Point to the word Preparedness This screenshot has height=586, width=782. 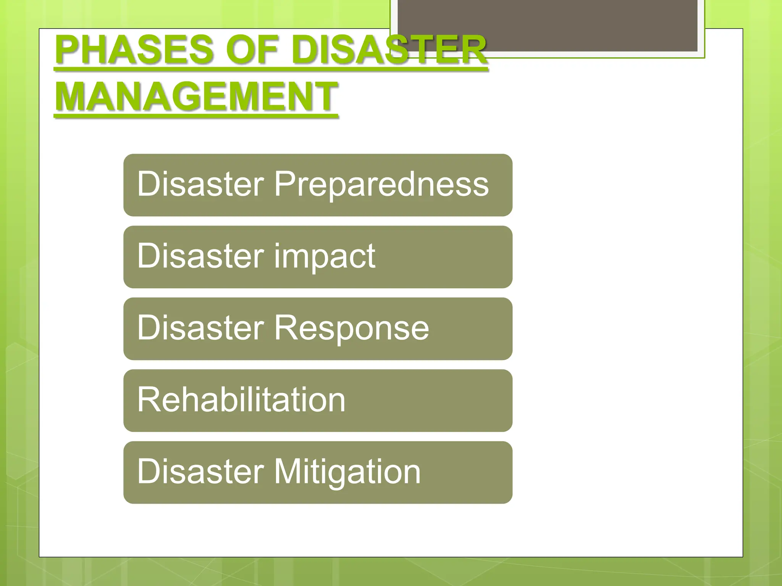[381, 184]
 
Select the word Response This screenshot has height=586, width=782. [352, 328]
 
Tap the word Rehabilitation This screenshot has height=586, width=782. [241, 399]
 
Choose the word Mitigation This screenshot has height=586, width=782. [347, 472]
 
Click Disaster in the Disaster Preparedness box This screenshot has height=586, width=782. [200, 184]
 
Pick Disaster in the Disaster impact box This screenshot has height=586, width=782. [200, 256]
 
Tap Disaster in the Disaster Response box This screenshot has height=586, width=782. [200, 328]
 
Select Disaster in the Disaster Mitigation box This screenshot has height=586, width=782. [200, 472]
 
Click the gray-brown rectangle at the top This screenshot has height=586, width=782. [547, 25]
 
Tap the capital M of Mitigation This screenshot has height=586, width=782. [287, 472]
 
